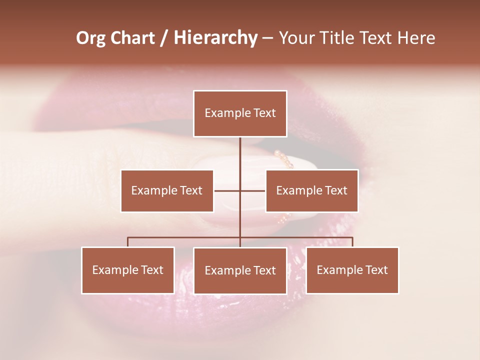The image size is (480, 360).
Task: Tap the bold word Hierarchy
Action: click(215, 38)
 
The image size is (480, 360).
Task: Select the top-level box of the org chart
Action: click(240, 113)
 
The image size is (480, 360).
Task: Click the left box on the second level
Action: click(167, 190)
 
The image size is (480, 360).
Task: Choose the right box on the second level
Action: click(312, 190)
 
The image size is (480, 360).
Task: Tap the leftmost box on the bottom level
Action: click(128, 270)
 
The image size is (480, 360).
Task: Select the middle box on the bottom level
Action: click(240, 270)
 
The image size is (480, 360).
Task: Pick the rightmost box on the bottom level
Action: click(352, 270)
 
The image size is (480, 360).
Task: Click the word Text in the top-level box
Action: click(263, 113)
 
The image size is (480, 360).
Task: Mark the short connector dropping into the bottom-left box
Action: click(128, 242)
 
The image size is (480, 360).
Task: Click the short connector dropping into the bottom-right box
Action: click(352, 242)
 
